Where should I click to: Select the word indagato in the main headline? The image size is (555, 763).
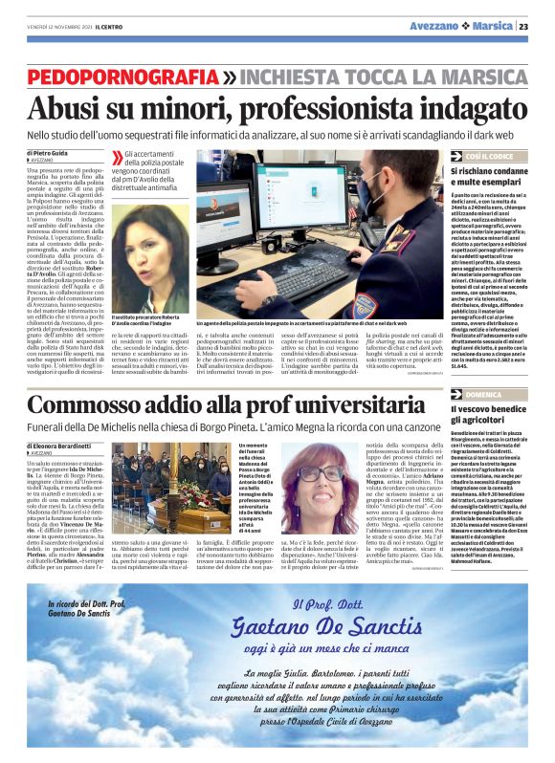click(455, 105)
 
